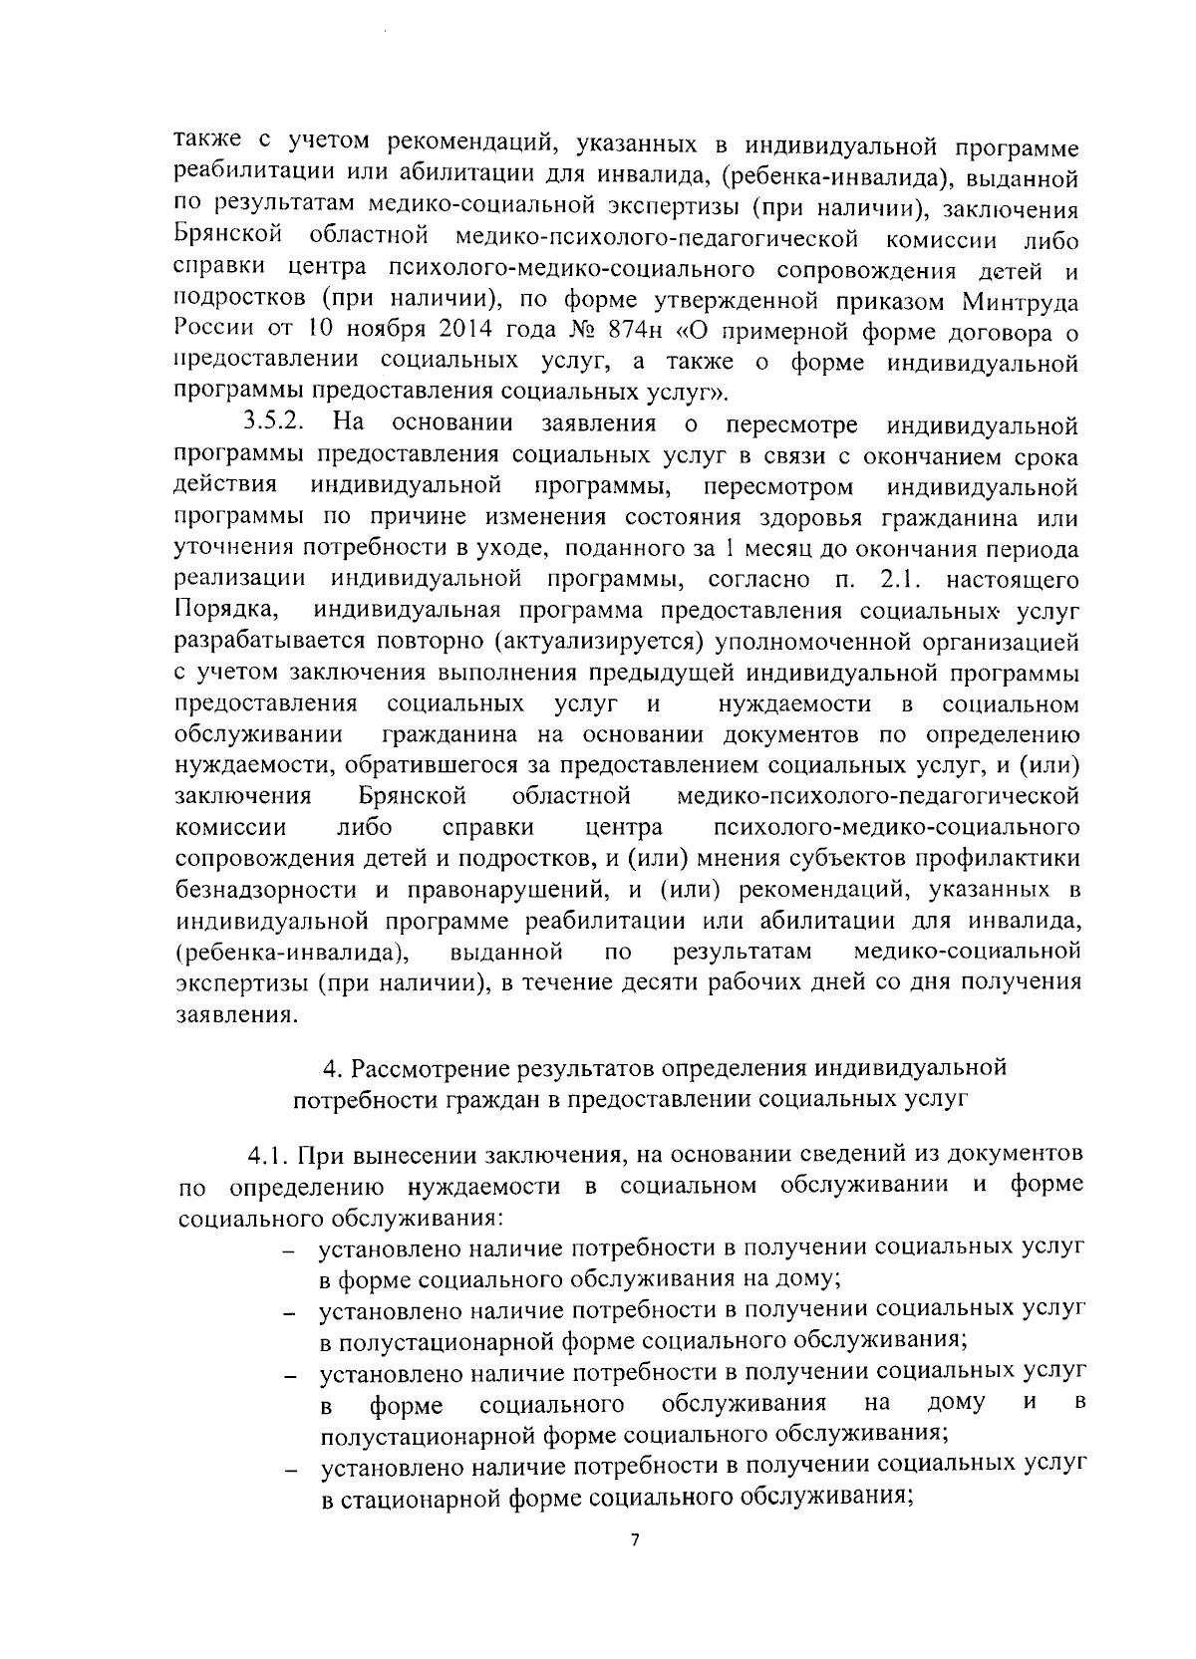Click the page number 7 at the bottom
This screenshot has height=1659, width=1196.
click(x=635, y=1540)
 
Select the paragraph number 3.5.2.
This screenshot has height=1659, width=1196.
click(x=274, y=422)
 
